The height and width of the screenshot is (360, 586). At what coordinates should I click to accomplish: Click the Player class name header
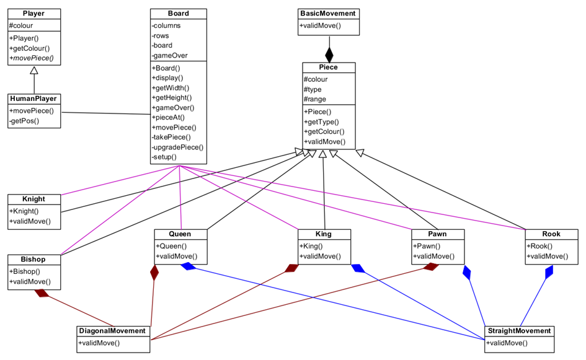[x=34, y=14]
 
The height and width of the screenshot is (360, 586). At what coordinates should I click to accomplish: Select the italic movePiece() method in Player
[x=32, y=58]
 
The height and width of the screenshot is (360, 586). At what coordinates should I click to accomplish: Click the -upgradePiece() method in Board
[x=177, y=147]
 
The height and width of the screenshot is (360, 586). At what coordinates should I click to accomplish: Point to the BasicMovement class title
[x=328, y=14]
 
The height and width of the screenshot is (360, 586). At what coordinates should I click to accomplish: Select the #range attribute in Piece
[x=315, y=99]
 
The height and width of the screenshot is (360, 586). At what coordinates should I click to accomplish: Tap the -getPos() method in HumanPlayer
[x=25, y=121]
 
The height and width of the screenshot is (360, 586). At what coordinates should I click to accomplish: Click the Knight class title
[x=33, y=199]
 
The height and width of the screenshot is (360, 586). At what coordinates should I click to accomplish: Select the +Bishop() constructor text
[x=25, y=271]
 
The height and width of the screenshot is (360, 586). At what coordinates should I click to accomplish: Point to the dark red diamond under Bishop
[x=42, y=293]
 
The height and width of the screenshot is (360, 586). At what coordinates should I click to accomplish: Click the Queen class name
[x=180, y=234]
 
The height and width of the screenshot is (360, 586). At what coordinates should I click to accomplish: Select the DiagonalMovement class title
[x=113, y=331]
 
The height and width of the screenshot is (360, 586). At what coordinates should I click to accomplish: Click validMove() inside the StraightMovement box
[x=507, y=343]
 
